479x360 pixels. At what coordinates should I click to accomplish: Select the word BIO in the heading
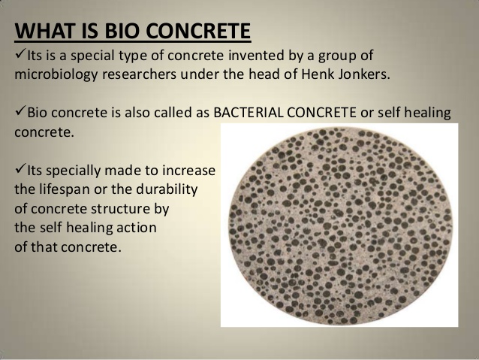pos(122,31)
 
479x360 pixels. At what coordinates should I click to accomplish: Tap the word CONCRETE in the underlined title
pos(198,31)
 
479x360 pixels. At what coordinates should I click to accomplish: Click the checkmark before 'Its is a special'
pos(20,54)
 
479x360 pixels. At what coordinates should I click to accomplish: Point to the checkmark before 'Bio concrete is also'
pos(20,112)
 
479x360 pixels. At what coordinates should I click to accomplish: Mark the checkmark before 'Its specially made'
pos(20,169)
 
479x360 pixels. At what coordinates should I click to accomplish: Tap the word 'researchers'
pos(139,74)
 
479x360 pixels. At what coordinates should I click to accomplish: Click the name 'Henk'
pos(318,74)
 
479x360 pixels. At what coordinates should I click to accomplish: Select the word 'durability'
pos(167,190)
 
